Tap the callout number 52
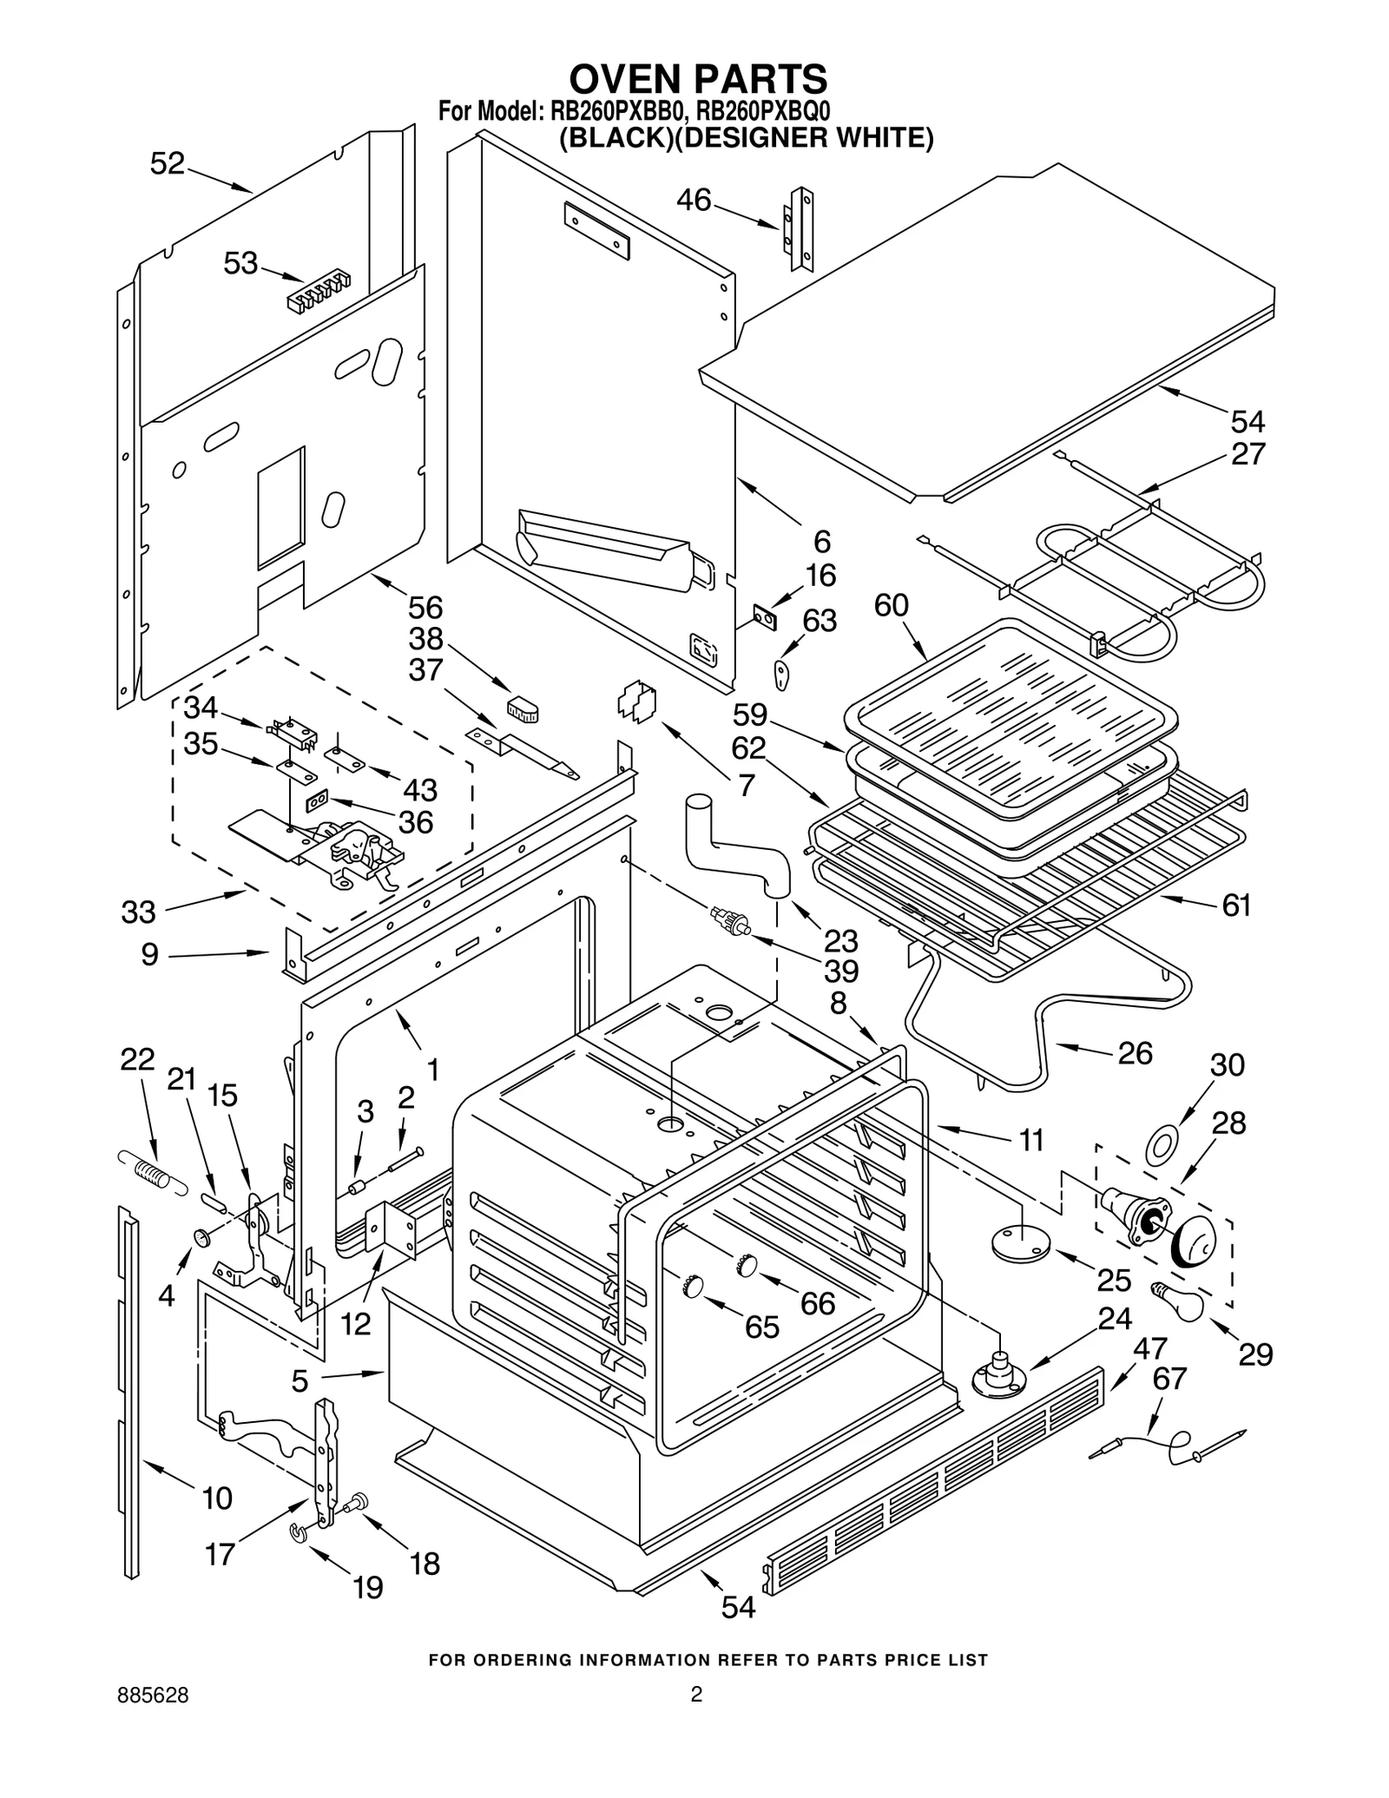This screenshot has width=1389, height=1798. point(168,164)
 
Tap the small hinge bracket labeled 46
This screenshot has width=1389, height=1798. point(800,228)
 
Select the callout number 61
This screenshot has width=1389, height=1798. point(1236,905)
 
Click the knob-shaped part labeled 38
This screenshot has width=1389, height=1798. point(523,708)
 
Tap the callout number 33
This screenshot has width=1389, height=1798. point(139,912)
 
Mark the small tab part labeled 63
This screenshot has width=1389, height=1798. point(783,673)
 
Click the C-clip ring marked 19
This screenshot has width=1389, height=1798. point(299,1536)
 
